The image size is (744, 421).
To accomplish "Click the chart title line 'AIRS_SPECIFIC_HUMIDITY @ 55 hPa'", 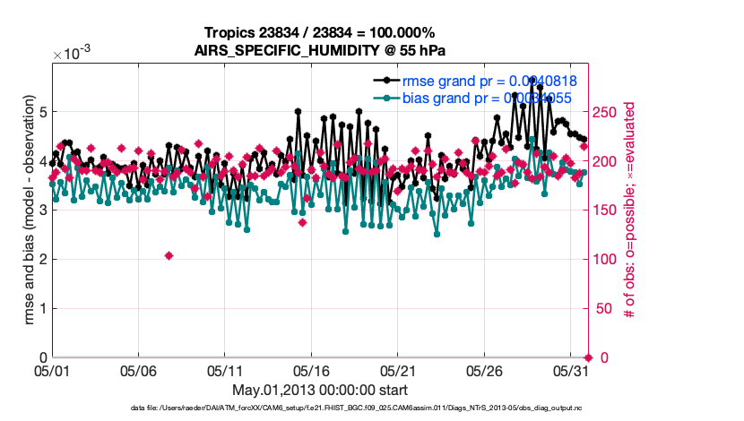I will [320, 50].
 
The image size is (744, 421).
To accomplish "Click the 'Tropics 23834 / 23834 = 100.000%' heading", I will [320, 33].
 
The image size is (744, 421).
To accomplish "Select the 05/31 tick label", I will [573, 370].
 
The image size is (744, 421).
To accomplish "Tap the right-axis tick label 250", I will [606, 112].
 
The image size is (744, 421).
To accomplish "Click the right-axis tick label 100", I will [606, 260].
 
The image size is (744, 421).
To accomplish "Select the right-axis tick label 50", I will [602, 309].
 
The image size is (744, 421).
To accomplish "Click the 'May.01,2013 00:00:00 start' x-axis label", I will [320, 389].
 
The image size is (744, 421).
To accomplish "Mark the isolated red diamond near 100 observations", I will [169, 255].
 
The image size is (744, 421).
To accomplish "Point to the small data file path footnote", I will [357, 408].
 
